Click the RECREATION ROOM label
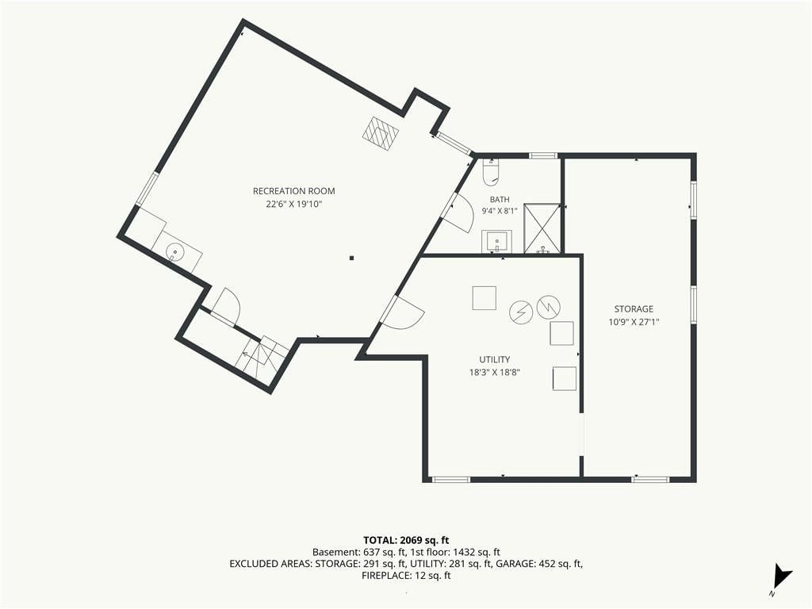(x=293, y=191)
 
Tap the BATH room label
(x=500, y=199)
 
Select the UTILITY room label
(x=495, y=359)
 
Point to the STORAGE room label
(x=634, y=309)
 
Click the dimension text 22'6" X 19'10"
(x=294, y=204)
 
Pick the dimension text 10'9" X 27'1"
(x=634, y=322)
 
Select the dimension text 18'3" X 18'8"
(x=495, y=372)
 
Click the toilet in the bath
(x=491, y=172)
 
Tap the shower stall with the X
(x=542, y=229)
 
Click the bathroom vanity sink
(x=497, y=242)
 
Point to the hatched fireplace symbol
(x=381, y=133)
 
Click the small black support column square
(x=351, y=258)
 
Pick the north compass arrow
(x=782, y=576)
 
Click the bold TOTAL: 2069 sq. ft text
(x=406, y=541)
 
